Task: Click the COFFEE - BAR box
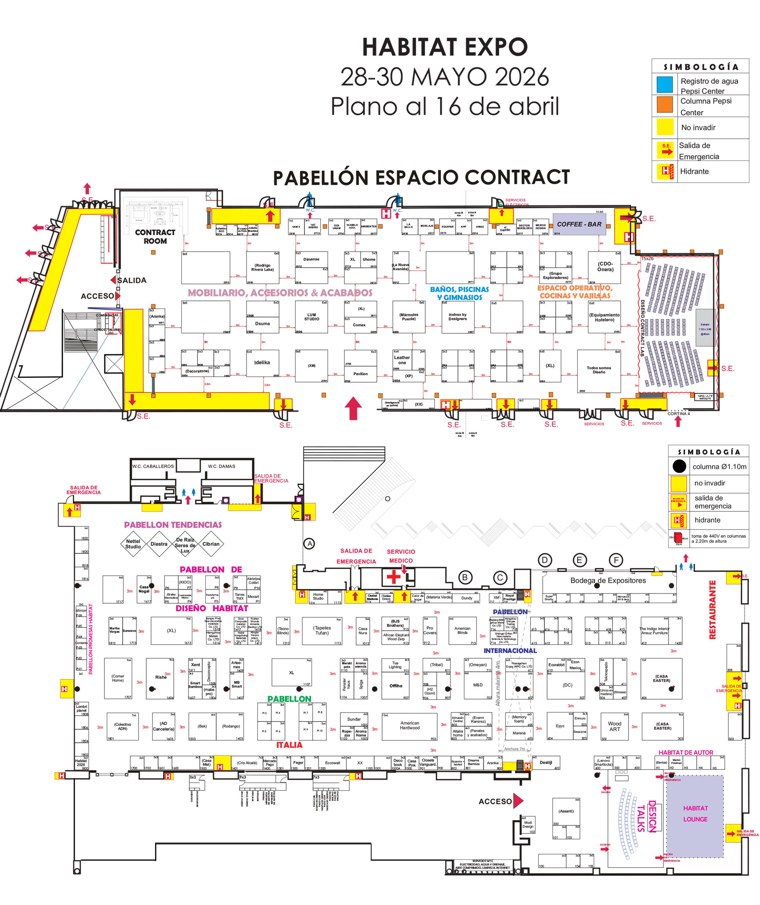(x=579, y=224)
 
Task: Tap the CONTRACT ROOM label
(x=155, y=236)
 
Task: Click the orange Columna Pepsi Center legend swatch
(x=665, y=104)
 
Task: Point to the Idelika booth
(x=262, y=363)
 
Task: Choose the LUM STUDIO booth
(x=312, y=317)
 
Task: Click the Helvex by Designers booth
(x=457, y=316)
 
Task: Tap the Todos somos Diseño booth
(x=598, y=370)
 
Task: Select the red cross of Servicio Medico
(x=393, y=577)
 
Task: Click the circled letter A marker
(x=309, y=543)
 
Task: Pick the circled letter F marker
(x=616, y=560)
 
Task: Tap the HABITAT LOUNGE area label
(x=695, y=813)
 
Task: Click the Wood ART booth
(x=614, y=726)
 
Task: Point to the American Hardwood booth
(x=409, y=725)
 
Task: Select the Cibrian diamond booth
(x=211, y=544)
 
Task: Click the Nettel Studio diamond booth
(x=133, y=544)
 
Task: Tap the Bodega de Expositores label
(x=608, y=581)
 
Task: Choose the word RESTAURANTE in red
(x=712, y=609)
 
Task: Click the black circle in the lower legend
(x=679, y=466)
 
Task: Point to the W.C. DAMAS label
(x=221, y=466)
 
